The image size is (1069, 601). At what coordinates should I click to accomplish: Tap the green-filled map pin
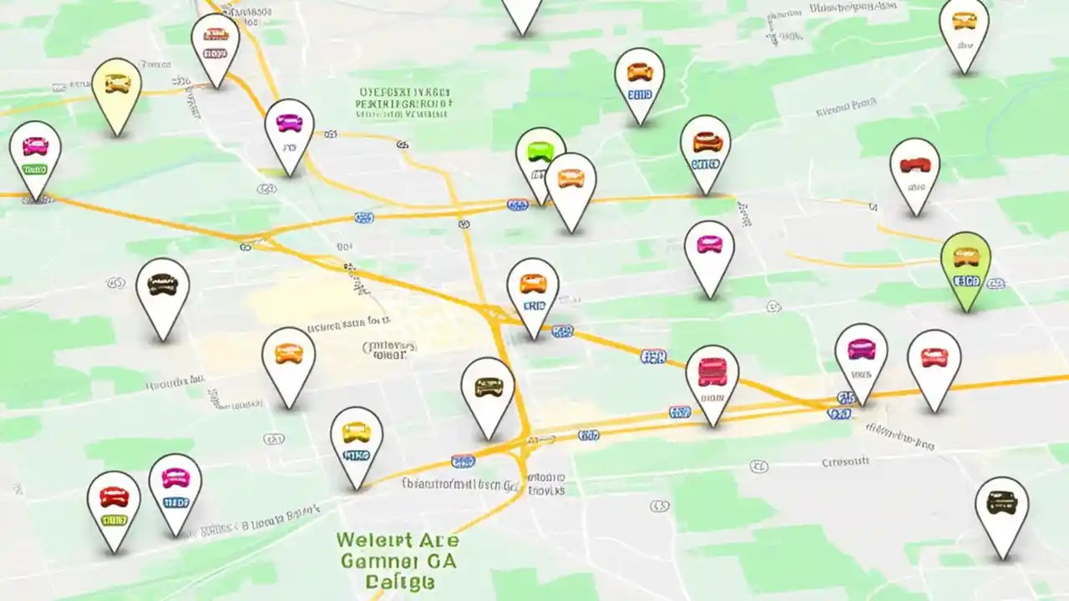tap(965, 265)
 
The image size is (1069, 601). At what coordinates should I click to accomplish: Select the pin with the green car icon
tap(540, 159)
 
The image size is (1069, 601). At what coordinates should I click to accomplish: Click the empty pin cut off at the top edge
tap(522, 13)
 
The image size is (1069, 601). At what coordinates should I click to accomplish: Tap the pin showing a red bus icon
tap(712, 380)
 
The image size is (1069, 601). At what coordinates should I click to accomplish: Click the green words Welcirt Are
tap(397, 539)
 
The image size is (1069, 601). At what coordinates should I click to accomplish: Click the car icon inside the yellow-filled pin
tap(116, 83)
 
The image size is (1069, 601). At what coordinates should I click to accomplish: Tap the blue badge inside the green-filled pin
tap(966, 280)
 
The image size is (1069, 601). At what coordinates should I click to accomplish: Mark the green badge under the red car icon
tap(114, 520)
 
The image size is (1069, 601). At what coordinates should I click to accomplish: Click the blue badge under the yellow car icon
tap(357, 456)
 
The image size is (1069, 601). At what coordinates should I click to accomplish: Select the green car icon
tap(540, 151)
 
